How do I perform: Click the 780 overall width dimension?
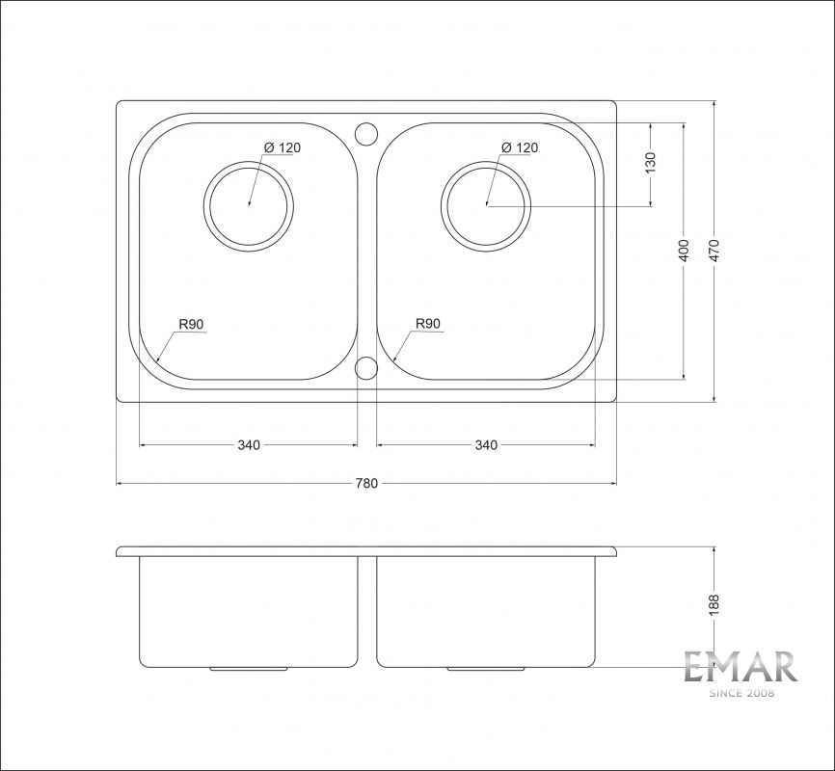point(366,483)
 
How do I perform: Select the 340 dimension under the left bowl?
point(249,444)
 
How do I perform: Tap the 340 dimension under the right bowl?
point(486,444)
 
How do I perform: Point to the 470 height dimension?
point(714,251)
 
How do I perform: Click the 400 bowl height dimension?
point(684,251)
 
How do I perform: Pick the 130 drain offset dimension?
point(650,163)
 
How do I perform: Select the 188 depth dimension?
point(714,605)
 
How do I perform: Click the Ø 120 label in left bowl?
point(283,147)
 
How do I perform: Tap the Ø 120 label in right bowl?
point(520,147)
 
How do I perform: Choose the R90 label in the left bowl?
point(191,324)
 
